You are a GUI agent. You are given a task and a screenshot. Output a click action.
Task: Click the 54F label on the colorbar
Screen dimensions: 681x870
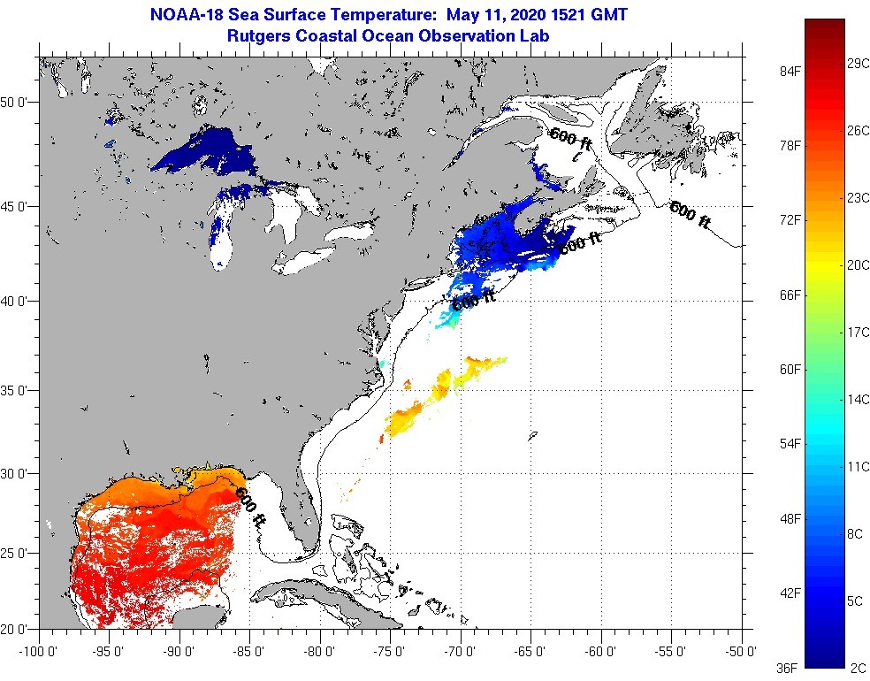coord(790,443)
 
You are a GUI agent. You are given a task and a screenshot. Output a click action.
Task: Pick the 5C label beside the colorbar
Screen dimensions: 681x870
coord(855,601)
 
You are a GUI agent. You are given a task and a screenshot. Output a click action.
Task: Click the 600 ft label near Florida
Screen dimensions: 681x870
coord(250,507)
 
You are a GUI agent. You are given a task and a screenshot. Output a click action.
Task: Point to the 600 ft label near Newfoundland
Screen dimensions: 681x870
coord(690,215)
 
